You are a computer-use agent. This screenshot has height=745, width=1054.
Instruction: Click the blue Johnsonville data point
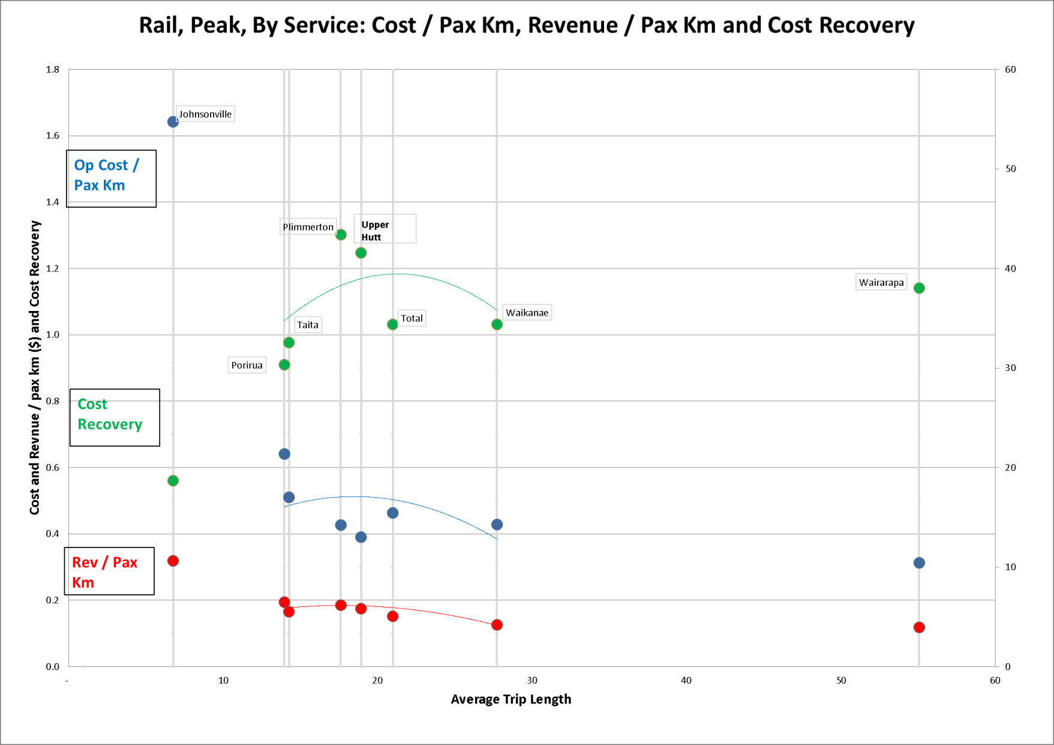point(173,122)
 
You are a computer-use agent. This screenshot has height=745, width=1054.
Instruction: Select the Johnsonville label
point(205,114)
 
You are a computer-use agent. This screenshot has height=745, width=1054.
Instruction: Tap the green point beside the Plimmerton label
point(341,235)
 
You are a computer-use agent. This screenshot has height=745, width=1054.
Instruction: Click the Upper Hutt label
point(376,231)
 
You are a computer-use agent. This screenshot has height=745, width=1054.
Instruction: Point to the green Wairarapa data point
point(919,288)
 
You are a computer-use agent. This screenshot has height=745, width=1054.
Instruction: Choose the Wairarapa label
point(881,283)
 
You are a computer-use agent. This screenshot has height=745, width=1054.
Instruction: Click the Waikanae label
point(527,313)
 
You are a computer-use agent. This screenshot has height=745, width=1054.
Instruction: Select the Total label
point(412,318)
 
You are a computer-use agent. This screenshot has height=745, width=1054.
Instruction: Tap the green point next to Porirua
point(284,365)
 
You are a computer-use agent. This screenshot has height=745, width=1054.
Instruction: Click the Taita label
point(308,325)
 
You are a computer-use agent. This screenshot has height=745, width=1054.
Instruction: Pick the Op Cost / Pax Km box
point(111,178)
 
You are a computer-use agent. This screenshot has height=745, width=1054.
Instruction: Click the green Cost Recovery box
point(115,417)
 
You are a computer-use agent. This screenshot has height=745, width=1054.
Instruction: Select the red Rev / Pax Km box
point(109,571)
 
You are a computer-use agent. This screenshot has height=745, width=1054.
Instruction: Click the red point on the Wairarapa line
point(919,627)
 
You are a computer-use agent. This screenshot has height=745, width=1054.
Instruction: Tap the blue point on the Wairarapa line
point(919,563)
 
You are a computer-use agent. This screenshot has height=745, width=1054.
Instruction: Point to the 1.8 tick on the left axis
point(53,70)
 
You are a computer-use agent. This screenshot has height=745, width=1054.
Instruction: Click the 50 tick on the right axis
point(1011,169)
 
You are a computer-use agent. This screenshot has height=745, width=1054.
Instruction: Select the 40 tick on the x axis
point(686,680)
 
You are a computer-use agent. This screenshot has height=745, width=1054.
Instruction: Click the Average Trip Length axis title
point(511,699)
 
